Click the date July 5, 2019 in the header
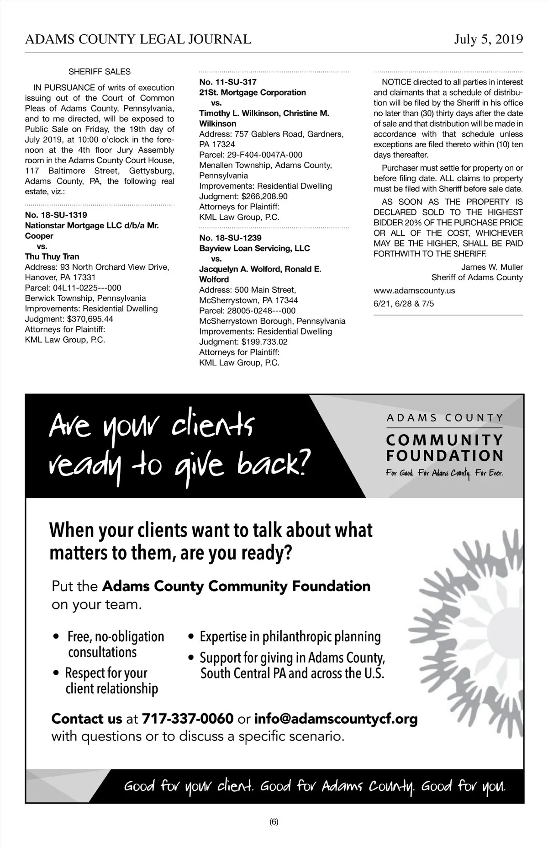488,40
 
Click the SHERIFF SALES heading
99,72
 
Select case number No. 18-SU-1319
56,215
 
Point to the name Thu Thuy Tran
52,256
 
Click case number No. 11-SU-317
228,82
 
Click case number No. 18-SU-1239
230,238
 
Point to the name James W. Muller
492,267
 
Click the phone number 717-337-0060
188,719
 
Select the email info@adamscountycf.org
336,719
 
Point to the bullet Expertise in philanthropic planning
290,637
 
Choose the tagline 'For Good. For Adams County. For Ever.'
444,474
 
